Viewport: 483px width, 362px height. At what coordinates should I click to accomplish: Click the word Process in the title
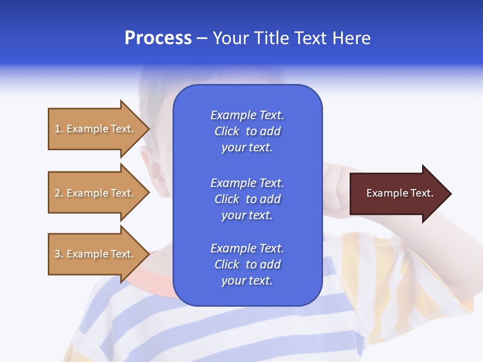point(158,38)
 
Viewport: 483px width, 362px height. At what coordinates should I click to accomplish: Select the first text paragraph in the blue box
point(247,131)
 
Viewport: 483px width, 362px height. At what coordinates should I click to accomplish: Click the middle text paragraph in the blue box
point(247,199)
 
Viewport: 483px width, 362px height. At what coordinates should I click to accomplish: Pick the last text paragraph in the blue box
point(247,264)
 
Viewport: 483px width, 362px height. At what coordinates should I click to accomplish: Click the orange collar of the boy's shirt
point(151,279)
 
